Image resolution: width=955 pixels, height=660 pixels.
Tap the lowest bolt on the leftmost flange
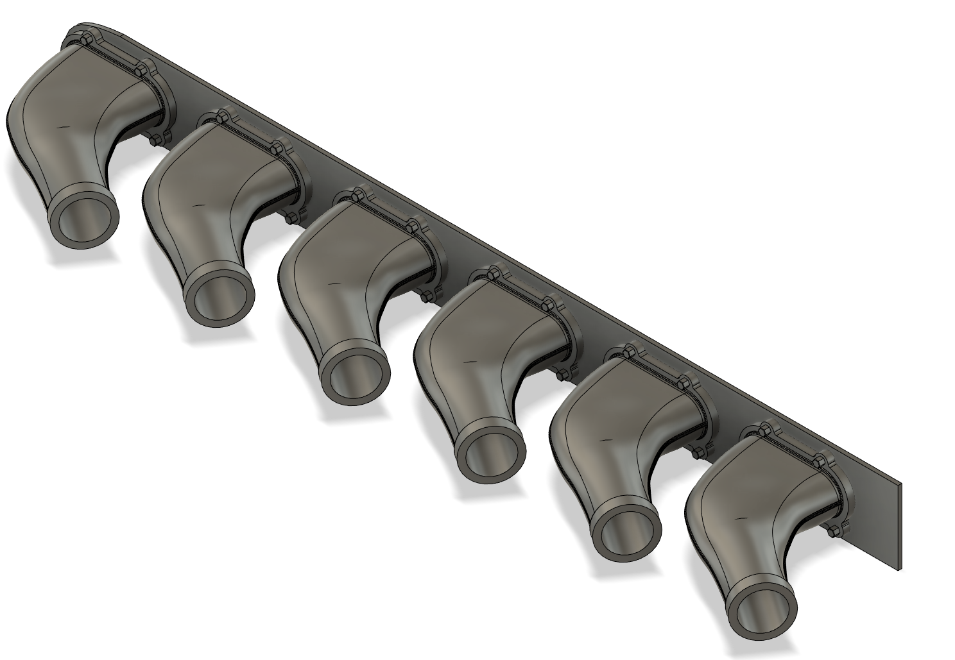[x=156, y=137]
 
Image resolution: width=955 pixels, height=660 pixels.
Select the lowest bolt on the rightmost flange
[x=833, y=530]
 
